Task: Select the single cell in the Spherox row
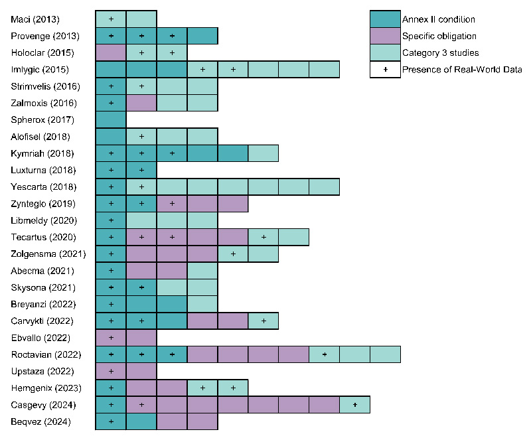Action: pos(111,120)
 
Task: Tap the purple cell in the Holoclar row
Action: pos(111,52)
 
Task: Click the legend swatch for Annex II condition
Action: pos(385,19)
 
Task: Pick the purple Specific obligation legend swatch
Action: pos(385,36)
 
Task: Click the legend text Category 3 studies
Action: pos(440,52)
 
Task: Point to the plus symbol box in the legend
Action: pos(385,70)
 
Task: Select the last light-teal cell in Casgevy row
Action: pos(354,404)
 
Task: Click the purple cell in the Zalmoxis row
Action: pos(141,103)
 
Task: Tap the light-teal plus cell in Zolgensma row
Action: pos(233,254)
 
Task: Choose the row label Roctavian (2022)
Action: pos(44,354)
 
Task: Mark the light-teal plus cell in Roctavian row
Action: pos(324,354)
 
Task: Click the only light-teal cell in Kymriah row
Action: pos(264,153)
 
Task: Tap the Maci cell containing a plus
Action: pos(111,19)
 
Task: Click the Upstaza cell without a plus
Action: pos(141,371)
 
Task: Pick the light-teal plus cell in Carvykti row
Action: pos(264,321)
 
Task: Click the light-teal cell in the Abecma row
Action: pos(202,271)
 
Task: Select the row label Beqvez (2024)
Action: pos(39,421)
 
